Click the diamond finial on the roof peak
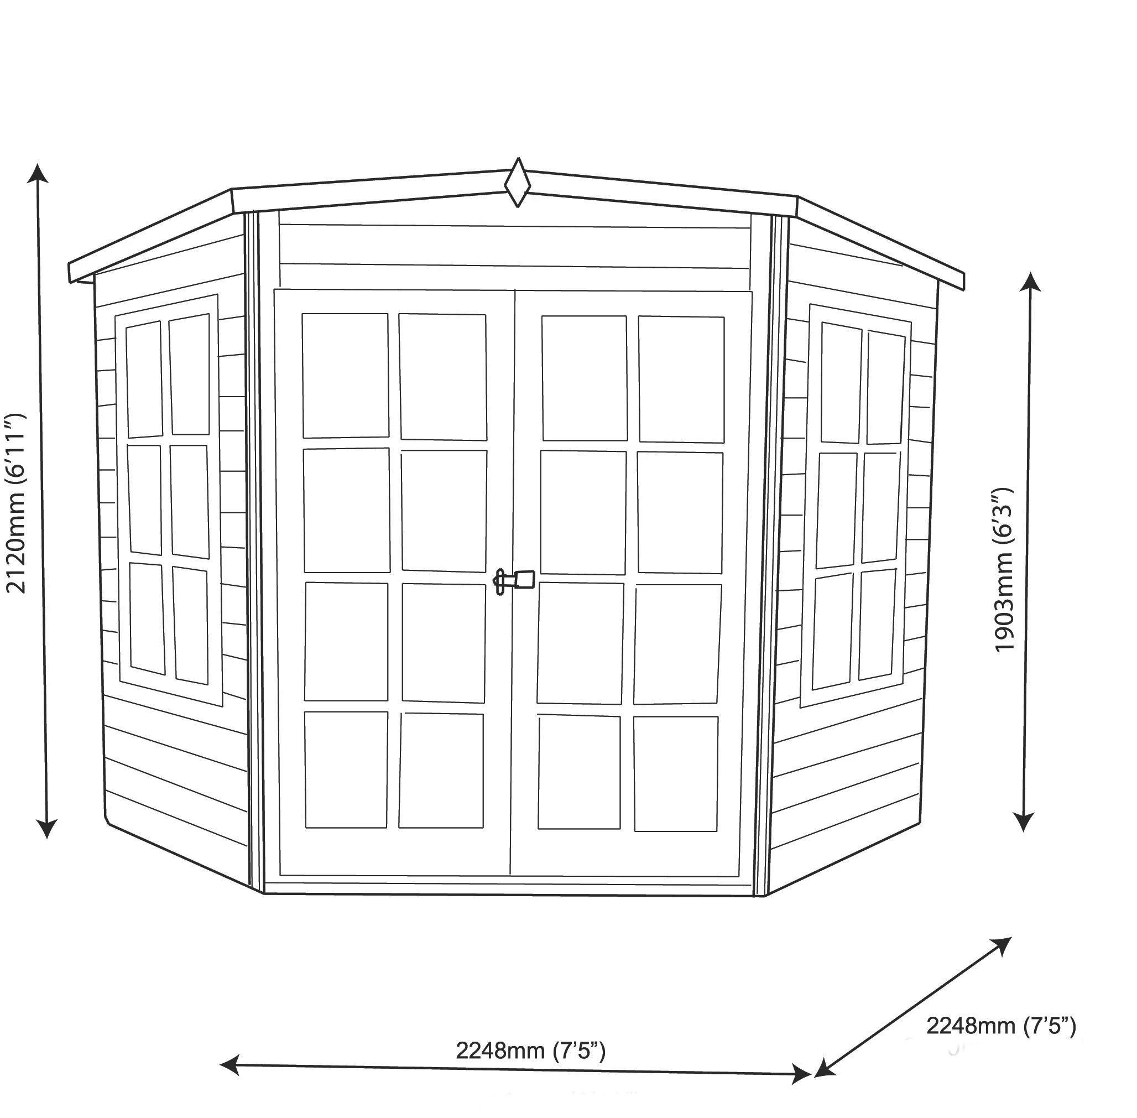pos(517,183)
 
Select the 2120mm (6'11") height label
pos(16,504)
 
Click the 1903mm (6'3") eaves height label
pos(1004,570)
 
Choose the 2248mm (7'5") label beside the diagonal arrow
pos(1001,1026)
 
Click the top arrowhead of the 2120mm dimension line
pos(38,174)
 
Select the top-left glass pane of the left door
pos(345,376)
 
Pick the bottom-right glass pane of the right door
pos(676,773)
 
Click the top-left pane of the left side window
pos(144,379)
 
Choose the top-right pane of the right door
pos(681,379)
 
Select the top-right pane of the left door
pos(443,377)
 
